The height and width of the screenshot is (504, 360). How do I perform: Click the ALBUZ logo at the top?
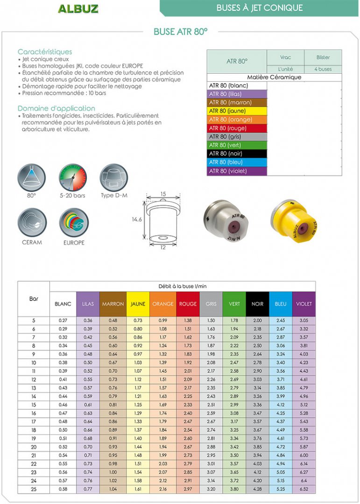click(78, 8)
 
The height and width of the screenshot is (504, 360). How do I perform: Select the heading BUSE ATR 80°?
click(180, 32)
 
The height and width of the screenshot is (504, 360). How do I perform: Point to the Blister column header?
click(323, 57)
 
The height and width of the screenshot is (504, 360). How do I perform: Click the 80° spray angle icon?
click(32, 178)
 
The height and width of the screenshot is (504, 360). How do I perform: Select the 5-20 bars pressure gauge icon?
click(73, 178)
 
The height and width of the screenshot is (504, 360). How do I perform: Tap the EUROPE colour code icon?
click(74, 223)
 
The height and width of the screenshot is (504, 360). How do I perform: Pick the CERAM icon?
click(32, 222)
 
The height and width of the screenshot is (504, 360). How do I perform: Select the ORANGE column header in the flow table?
click(163, 304)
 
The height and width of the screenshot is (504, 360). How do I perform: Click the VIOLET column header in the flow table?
click(304, 304)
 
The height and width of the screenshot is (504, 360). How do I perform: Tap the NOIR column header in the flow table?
click(257, 304)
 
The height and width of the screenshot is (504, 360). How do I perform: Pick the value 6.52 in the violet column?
click(304, 490)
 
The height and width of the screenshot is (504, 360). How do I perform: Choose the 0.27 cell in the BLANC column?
click(63, 321)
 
